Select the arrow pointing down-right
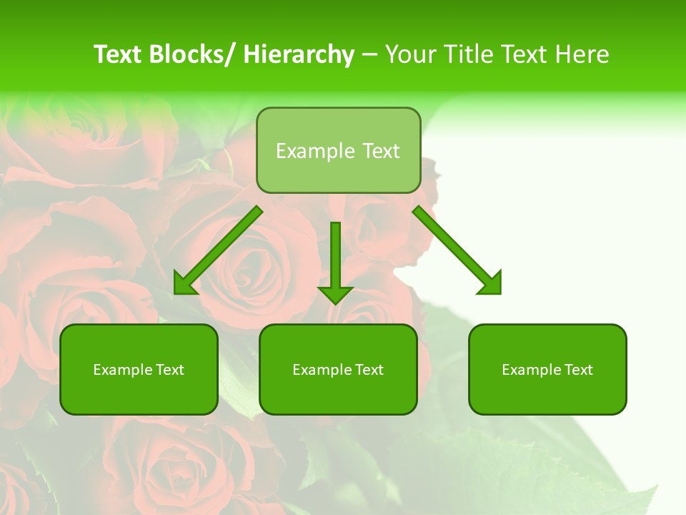point(457,250)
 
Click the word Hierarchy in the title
point(299,54)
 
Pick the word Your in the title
point(409,54)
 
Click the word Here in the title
point(582,54)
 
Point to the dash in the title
point(369,55)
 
